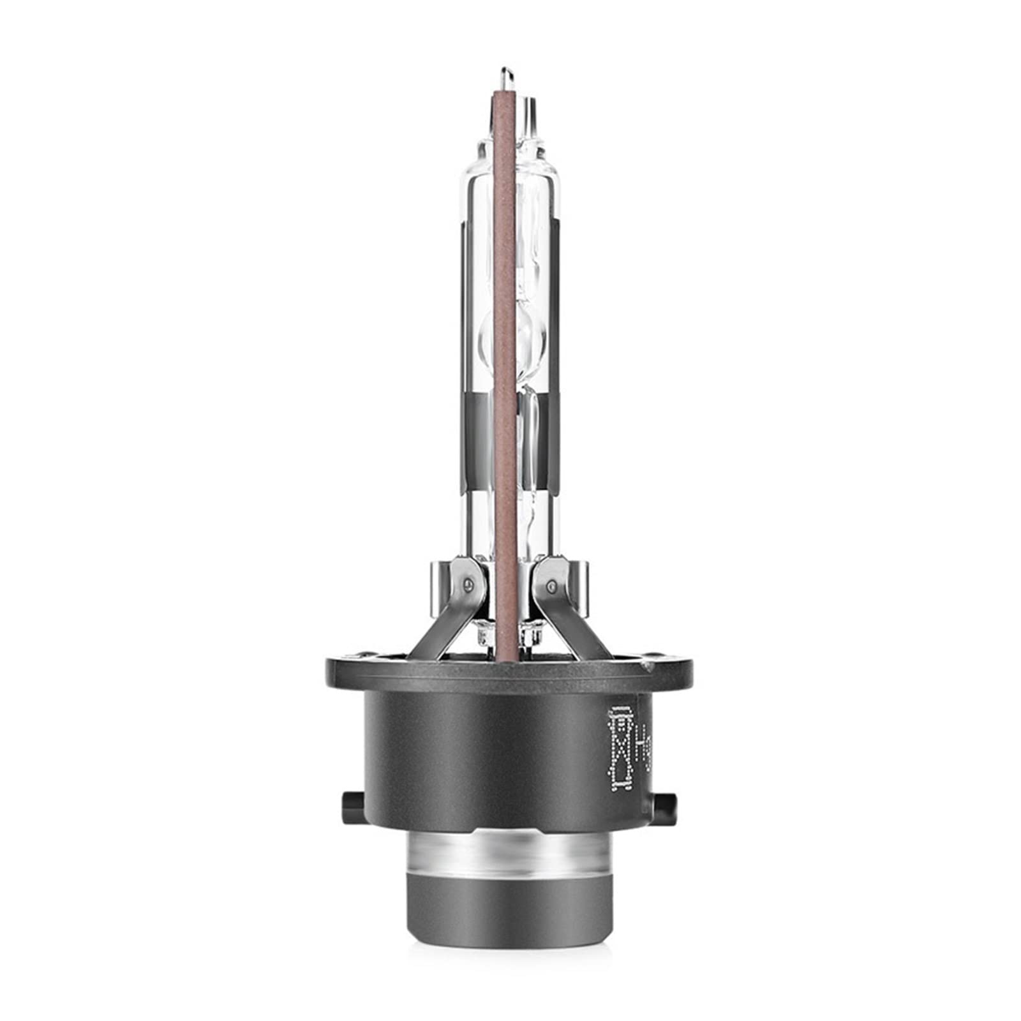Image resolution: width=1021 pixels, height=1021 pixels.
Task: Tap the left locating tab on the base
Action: click(x=352, y=800)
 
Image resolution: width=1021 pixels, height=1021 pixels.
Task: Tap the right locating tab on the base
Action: click(x=666, y=800)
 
